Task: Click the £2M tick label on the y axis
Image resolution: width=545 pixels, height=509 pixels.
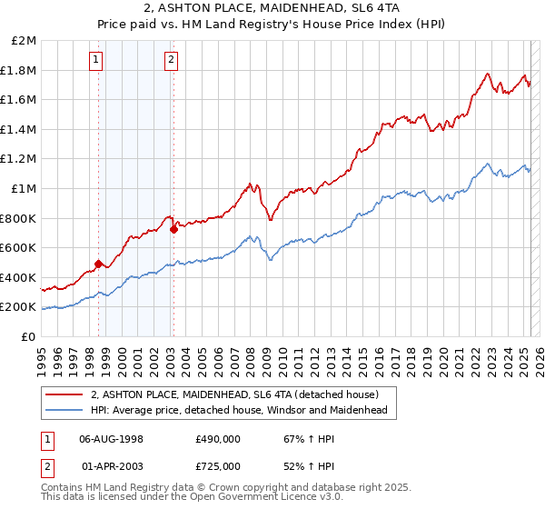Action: coord(25,41)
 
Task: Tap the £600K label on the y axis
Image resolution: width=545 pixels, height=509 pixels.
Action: coord(20,247)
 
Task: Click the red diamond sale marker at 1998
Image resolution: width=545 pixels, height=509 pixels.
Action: coord(98,264)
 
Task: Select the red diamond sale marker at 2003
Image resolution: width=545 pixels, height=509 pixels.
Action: coord(173,229)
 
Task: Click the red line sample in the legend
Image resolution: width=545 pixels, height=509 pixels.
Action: coord(64,394)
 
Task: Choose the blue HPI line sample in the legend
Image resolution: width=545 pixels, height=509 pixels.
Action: coord(64,410)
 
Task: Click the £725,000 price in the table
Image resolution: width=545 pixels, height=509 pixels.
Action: coord(218,466)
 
